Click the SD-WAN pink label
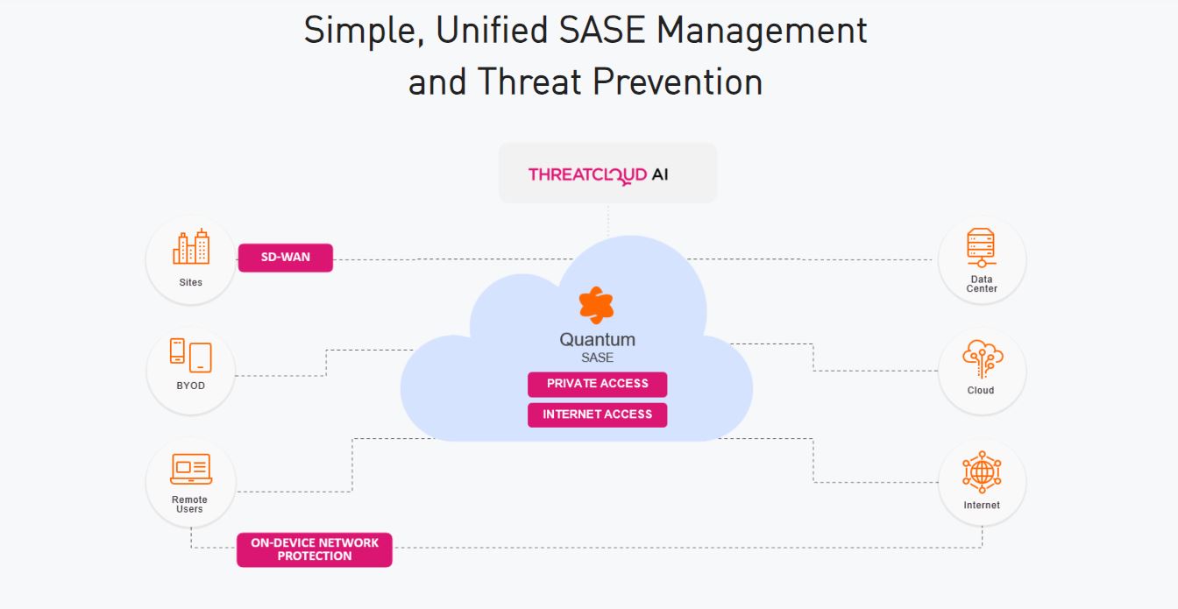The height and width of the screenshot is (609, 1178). (x=285, y=258)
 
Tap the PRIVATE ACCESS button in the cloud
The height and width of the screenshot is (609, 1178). (x=597, y=384)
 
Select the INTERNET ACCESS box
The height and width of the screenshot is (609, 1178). (x=597, y=414)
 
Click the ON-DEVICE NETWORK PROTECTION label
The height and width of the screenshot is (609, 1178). (x=314, y=549)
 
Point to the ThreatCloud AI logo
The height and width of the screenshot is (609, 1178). (x=598, y=174)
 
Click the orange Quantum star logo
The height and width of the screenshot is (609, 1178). (x=597, y=306)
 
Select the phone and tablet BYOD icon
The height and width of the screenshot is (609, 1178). (x=190, y=355)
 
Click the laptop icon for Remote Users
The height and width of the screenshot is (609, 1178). (x=190, y=469)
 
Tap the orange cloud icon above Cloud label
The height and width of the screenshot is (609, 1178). (x=982, y=359)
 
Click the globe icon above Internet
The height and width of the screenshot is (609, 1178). (x=982, y=473)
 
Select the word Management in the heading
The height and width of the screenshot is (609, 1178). (x=762, y=31)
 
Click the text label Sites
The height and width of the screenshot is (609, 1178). (x=190, y=282)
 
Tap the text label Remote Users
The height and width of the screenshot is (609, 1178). (x=189, y=504)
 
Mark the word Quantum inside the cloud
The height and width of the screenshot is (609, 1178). (x=597, y=340)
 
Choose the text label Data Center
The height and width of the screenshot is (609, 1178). (x=982, y=284)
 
